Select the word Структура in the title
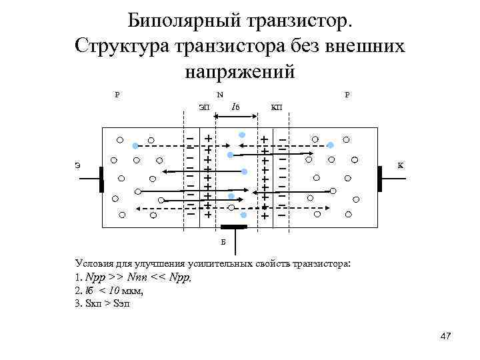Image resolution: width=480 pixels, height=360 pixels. [x=121, y=47]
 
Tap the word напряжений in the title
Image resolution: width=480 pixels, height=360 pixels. [x=239, y=71]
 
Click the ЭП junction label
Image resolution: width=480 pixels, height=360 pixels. [x=203, y=107]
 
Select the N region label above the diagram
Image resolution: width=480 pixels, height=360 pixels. [x=220, y=94]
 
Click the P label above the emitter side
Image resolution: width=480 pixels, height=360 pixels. [x=117, y=94]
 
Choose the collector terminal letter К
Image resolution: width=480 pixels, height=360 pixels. [x=401, y=165]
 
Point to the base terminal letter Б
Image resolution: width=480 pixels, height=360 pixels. [x=223, y=241]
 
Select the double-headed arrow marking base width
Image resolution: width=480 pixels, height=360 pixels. [x=235, y=121]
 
